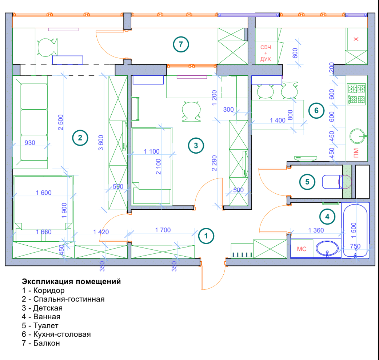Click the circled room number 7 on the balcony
[180, 44]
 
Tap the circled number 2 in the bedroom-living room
[80, 138]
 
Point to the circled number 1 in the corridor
[206, 235]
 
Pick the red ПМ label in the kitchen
[356, 152]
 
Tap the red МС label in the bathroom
[302, 249]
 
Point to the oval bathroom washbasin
[328, 249]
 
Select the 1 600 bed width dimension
[44, 193]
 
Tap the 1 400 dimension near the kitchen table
[278, 120]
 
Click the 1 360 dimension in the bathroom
[316, 230]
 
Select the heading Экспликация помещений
[71, 281]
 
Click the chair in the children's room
[191, 111]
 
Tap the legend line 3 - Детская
[45, 308]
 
